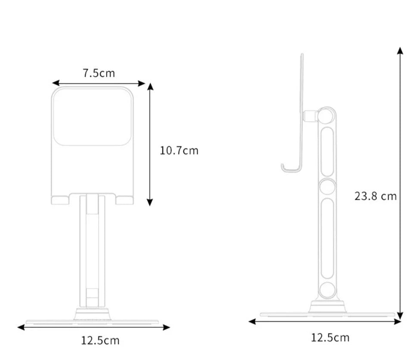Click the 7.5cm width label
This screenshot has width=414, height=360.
pyautogui.click(x=99, y=73)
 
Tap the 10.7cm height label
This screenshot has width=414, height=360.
pyautogui.click(x=179, y=150)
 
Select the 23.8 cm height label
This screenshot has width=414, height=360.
pyautogui.click(x=375, y=196)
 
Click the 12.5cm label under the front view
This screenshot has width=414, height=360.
pyautogui.click(x=100, y=341)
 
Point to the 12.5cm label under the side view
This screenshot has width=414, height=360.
pyautogui.click(x=330, y=337)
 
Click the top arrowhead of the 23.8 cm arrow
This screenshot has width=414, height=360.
pyautogui.click(x=400, y=51)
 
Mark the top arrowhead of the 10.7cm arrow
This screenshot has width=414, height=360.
pyautogui.click(x=150, y=86)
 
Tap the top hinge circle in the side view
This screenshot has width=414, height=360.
pyautogui.click(x=327, y=116)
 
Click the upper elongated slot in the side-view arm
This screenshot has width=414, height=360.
pyautogui.click(x=327, y=151)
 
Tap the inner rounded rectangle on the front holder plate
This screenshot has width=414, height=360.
pyautogui.click(x=92, y=116)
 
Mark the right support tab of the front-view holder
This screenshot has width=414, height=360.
pyautogui.click(x=125, y=200)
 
